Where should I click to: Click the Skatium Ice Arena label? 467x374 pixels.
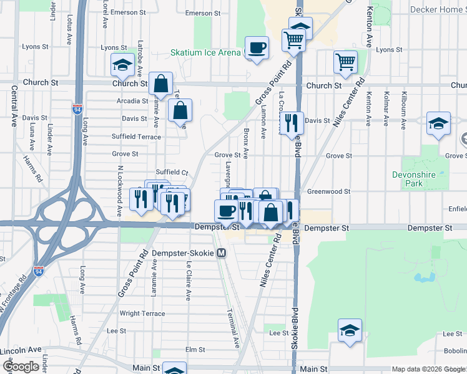point(205,52)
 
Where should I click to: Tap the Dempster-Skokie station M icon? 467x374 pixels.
point(221,254)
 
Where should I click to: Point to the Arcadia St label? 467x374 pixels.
point(132,100)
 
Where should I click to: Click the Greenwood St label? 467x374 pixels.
point(328,192)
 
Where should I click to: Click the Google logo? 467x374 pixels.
point(21,367)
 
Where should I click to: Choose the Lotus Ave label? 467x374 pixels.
point(68,29)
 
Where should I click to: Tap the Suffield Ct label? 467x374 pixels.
point(172,172)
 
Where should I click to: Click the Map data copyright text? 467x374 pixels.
point(428,369)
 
